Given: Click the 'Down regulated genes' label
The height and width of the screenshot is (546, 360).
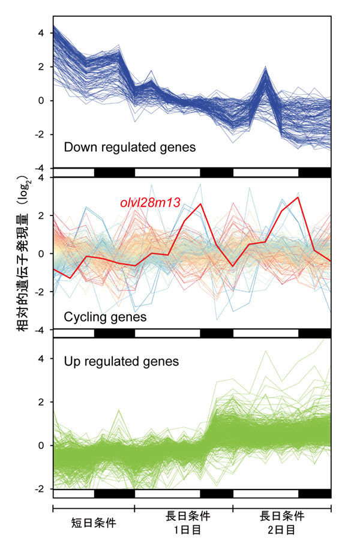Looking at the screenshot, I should click(129, 147).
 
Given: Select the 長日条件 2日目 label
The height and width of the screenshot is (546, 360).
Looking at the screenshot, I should click(281, 523).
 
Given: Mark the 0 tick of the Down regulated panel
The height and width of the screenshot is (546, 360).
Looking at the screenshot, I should click(41, 100).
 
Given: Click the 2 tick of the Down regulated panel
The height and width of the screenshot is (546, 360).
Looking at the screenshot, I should click(41, 67).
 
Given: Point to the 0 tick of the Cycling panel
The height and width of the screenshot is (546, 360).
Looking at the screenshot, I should click(41, 254).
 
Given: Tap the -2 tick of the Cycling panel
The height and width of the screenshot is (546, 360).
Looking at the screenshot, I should click(40, 292).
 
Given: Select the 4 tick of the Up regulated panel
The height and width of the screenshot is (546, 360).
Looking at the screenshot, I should click(41, 358).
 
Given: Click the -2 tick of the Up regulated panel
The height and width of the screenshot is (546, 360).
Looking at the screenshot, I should click(40, 489).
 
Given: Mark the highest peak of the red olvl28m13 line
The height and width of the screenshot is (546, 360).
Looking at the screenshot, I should click(298, 197).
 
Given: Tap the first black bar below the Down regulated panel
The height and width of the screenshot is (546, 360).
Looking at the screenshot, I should click(114, 173).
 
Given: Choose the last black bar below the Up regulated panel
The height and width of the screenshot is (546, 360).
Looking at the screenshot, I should click(314, 493).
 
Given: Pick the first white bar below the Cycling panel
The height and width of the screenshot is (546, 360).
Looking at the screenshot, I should click(73, 333).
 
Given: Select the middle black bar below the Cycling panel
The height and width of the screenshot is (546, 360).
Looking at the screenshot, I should click(216, 333).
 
